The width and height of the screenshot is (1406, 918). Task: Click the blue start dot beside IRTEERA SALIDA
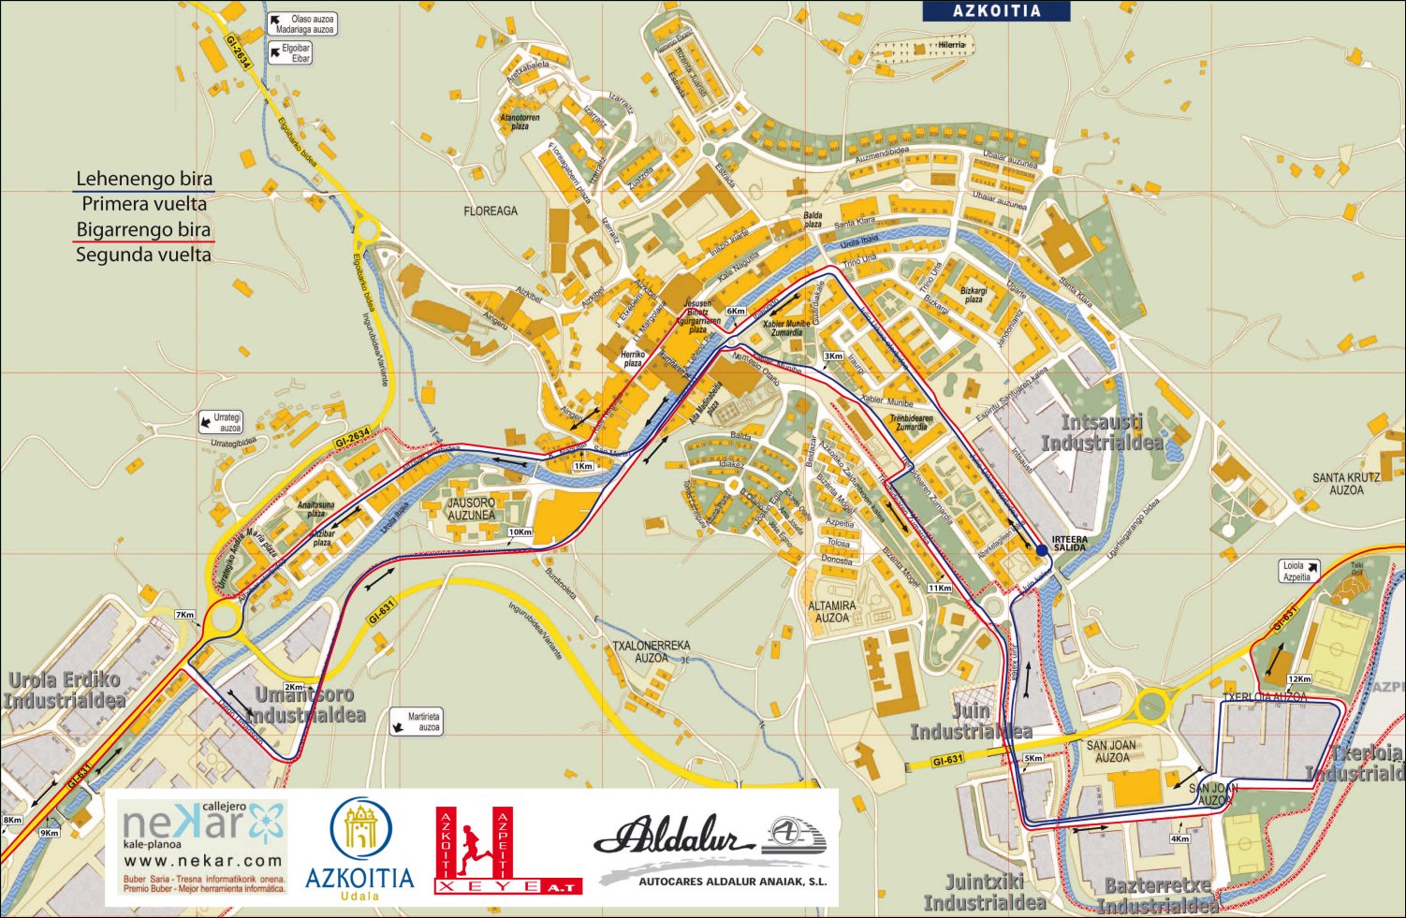click(1042, 550)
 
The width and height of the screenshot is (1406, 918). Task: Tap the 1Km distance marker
click(583, 465)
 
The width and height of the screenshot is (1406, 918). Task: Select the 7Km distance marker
click(184, 615)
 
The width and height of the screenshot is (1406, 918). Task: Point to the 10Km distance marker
click(520, 532)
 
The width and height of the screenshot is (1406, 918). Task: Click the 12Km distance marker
click(1299, 678)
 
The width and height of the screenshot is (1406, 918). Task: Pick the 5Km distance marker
click(1033, 758)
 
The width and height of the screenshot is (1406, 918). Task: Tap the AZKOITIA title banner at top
click(996, 11)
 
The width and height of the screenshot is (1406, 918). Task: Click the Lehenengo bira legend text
click(144, 179)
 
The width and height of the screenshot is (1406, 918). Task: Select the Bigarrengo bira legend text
click(143, 229)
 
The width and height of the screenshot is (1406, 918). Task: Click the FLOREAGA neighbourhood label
click(491, 211)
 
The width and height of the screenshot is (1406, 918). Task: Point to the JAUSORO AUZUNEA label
click(471, 509)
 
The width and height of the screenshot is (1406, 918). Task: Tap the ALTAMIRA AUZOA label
click(832, 612)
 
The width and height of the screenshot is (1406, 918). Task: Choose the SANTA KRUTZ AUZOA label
click(1346, 484)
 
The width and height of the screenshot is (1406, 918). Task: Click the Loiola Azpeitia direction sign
click(1299, 571)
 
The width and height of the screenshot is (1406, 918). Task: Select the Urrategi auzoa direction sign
click(220, 423)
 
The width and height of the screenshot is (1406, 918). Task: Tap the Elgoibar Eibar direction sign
click(291, 53)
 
